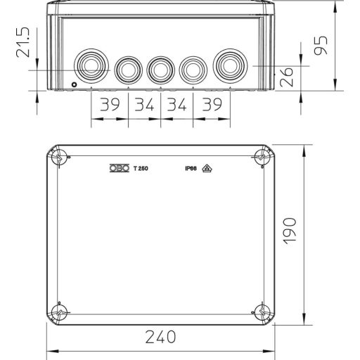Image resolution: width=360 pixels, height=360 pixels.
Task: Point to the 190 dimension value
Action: (291, 230)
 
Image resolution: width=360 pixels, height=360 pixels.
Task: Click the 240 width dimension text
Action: (162, 337)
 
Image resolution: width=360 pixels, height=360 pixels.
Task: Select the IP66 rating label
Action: (190, 169)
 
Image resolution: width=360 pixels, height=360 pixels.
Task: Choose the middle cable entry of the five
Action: (160, 69)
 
